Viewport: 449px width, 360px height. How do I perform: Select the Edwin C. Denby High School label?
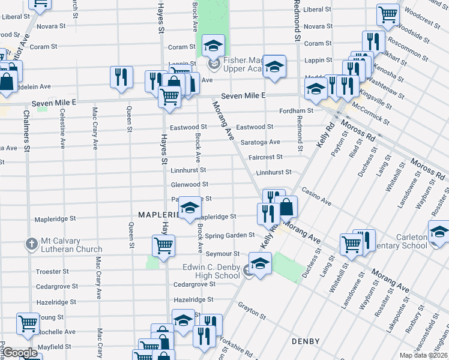coord(212,271)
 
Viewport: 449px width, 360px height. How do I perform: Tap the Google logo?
coord(20,353)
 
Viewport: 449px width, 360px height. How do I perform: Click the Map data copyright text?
coord(423,355)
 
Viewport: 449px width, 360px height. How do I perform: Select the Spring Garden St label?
coord(231,236)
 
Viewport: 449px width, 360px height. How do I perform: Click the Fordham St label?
coord(297,111)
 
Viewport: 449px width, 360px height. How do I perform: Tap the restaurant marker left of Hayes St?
coord(122,77)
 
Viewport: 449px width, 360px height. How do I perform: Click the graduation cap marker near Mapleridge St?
coord(190,208)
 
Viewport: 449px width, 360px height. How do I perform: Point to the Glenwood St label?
coord(190,185)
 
